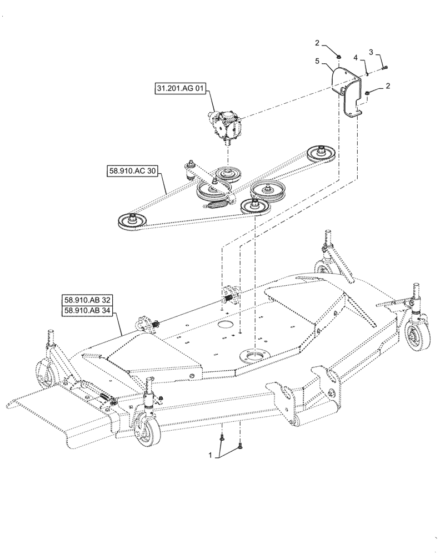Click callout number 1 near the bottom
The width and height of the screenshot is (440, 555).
(211, 455)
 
